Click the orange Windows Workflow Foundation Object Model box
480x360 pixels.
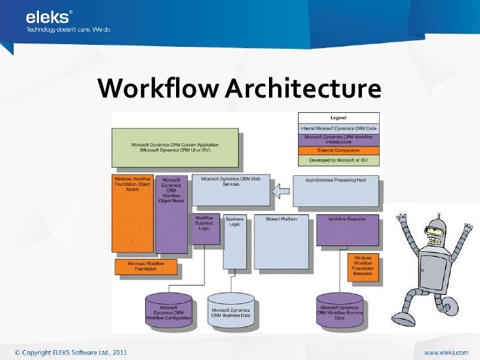pos(133,214)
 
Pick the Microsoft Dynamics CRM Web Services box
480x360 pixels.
pos(230,190)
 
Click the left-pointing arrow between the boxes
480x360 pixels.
pos(281,192)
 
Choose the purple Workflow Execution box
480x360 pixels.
pos(347,229)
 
